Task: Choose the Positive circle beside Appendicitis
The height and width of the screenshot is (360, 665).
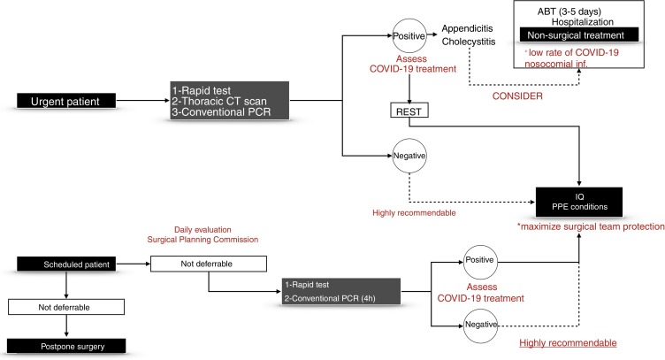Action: (x=409, y=35)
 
